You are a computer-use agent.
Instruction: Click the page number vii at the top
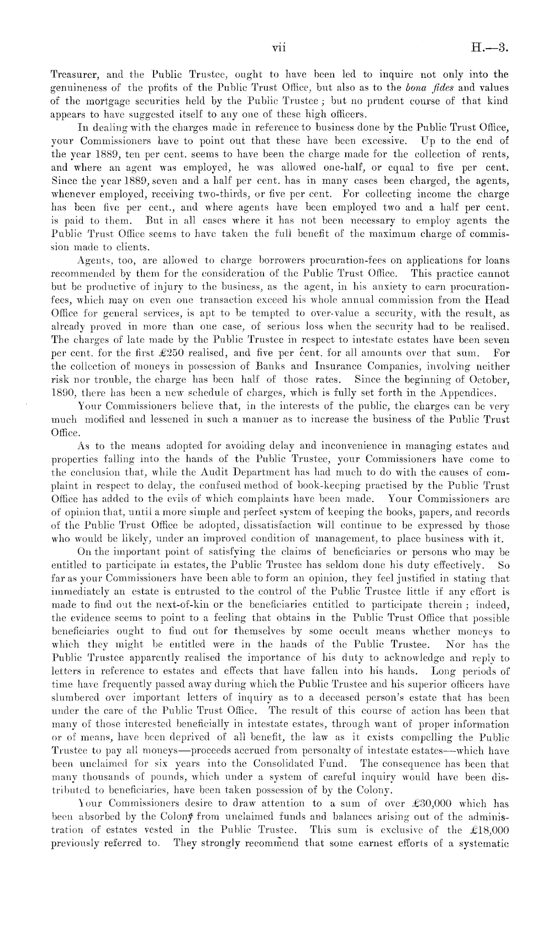278,48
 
